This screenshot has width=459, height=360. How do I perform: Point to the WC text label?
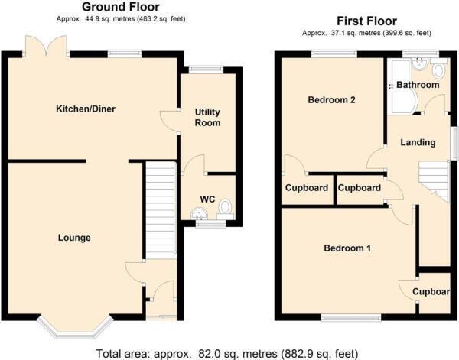[207, 199]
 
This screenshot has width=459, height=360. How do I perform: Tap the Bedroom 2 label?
[332, 100]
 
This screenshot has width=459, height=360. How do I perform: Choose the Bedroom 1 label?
[347, 248]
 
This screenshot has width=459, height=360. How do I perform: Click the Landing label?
[418, 142]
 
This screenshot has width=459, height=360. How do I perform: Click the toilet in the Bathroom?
[438, 70]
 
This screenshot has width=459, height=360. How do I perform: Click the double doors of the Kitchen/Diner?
[46, 46]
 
